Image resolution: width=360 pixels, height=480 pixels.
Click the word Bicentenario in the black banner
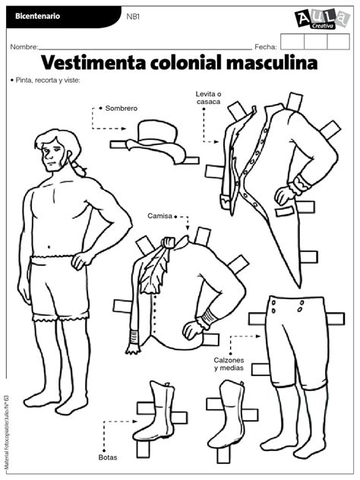coord(37,16)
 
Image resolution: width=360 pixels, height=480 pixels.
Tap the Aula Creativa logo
coord(322,18)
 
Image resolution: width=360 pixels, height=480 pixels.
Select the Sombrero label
coord(122,109)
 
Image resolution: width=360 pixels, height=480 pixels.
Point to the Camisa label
coord(159,216)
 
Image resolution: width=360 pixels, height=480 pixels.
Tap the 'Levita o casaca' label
coord(208,98)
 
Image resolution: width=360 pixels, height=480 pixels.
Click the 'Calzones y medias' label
coord(229,364)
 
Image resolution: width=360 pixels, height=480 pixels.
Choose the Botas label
coord(108,457)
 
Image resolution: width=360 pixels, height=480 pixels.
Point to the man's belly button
coord(49,246)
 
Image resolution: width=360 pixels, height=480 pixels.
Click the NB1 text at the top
coord(133,17)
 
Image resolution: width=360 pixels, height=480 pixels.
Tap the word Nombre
coord(24,47)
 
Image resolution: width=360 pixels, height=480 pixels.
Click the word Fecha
coord(266,47)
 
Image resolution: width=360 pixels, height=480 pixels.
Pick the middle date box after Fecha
coord(316,42)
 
